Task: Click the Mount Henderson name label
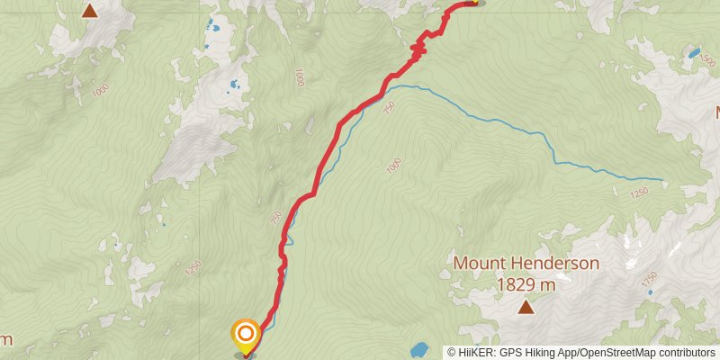pyautogui.click(x=526, y=264)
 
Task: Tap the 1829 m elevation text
pyautogui.click(x=526, y=284)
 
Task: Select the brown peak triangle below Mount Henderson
pyautogui.click(x=526, y=308)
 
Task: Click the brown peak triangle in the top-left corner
pyautogui.click(x=89, y=11)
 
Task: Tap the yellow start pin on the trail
pyautogui.click(x=245, y=336)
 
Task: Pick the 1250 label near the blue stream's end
pyautogui.click(x=639, y=192)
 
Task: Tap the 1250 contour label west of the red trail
pyautogui.click(x=191, y=267)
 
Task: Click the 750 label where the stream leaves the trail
pyautogui.click(x=389, y=106)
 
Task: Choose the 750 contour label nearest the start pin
pyautogui.click(x=275, y=218)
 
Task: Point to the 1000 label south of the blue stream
pyautogui.click(x=392, y=166)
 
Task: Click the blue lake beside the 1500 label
pyautogui.click(x=694, y=53)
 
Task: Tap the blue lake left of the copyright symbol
pyautogui.click(x=419, y=349)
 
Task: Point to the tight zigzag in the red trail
pyautogui.click(x=418, y=49)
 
